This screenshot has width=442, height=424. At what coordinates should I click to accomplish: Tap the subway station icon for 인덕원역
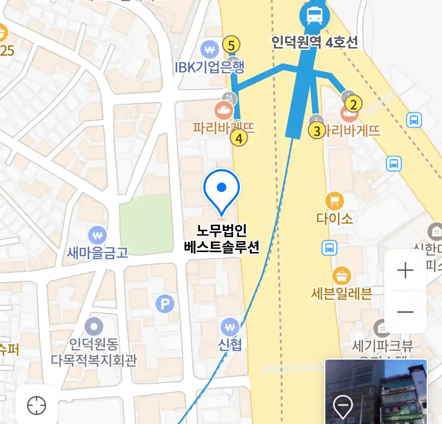pyautogui.click(x=314, y=16)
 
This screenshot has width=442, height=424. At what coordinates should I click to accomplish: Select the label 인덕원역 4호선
pyautogui.click(x=315, y=42)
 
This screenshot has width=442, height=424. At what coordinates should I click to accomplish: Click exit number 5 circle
pyautogui.click(x=231, y=46)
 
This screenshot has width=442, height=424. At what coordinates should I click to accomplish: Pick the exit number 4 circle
pyautogui.click(x=238, y=138)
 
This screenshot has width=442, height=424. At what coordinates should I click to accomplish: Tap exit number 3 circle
pyautogui.click(x=317, y=131)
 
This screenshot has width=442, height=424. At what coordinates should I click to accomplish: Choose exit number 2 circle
pyautogui.click(x=353, y=104)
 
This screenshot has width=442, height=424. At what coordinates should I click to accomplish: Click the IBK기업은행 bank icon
pyautogui.click(x=209, y=50)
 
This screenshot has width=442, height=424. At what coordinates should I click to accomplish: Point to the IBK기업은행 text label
pyautogui.click(x=209, y=67)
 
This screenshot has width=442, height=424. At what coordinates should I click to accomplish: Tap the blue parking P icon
pyautogui.click(x=165, y=303)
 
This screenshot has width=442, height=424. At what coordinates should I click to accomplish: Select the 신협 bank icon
pyautogui.click(x=230, y=327)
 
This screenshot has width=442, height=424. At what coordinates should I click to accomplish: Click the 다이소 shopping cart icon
pyautogui.click(x=334, y=202)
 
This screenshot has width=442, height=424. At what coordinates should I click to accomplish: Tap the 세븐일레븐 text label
pyautogui.click(x=341, y=293)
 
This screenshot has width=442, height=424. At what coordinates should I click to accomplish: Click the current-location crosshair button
pyautogui.click(x=37, y=405)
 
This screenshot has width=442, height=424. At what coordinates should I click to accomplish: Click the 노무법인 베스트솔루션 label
pyautogui.click(x=222, y=239)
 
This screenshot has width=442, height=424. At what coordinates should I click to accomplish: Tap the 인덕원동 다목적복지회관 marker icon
pyautogui.click(x=94, y=327)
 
